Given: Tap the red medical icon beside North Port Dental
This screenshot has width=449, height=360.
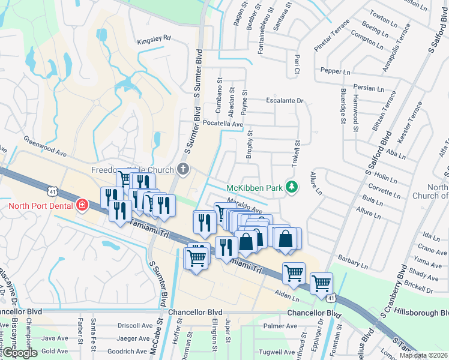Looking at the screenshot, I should [82, 206].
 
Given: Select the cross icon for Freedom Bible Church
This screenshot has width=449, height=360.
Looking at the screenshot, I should [184, 170].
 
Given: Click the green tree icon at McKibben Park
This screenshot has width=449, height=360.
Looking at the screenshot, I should [292, 188].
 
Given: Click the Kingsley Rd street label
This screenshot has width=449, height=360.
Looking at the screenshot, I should [154, 38].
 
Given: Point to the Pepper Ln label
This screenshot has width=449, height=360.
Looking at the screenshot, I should [336, 71].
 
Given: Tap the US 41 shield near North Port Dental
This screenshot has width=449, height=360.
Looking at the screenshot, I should [53, 191].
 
